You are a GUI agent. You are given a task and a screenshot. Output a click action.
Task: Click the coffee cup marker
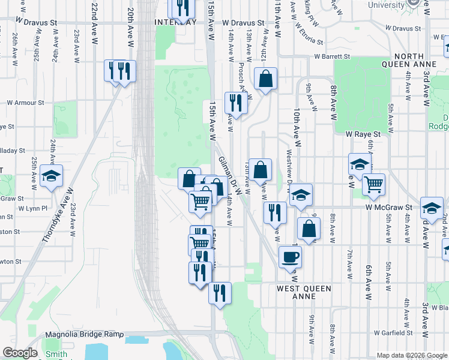290,257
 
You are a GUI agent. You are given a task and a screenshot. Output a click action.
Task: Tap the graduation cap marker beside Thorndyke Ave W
52,176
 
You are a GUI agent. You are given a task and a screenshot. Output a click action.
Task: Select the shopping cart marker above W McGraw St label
373,184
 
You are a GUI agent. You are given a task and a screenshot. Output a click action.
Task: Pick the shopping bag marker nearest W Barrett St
265,79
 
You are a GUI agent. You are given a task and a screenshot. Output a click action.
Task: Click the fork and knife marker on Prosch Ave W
236,103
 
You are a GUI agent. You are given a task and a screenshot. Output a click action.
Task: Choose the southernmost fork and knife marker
220,293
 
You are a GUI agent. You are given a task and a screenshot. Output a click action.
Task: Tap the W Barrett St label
331,56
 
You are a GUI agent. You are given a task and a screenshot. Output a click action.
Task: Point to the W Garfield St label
393,332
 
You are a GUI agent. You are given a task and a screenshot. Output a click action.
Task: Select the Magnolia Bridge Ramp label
85,334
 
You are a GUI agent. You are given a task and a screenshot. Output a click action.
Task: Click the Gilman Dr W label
230,175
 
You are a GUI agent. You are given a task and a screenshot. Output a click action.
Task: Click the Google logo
20,353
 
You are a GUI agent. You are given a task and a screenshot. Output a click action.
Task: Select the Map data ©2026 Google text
411,355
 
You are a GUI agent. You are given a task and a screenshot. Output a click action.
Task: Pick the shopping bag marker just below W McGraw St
309,229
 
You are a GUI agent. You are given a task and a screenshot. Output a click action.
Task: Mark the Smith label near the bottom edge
56,354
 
